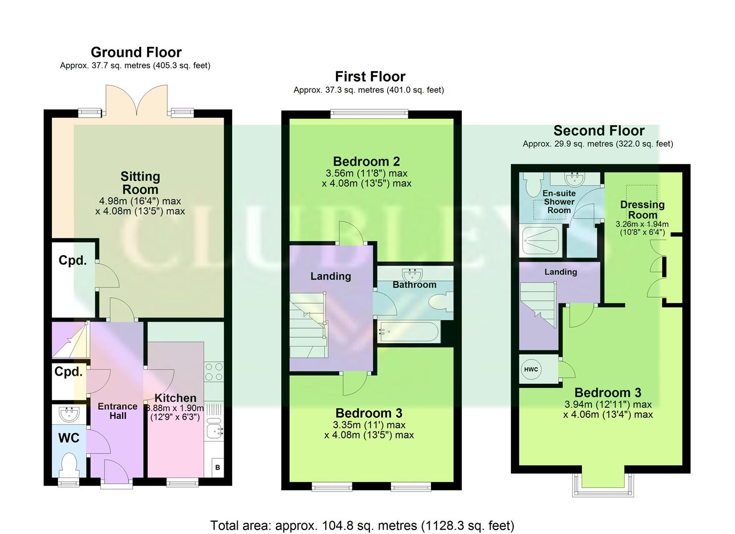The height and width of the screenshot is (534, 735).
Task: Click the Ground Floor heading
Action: pos(136,52)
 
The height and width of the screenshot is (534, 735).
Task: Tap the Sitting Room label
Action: pos(140,183)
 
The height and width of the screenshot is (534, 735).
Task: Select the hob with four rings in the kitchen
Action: pos(214,372)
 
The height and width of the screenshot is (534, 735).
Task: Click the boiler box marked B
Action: pos(217,467)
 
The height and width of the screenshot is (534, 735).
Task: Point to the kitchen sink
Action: pos(214,429)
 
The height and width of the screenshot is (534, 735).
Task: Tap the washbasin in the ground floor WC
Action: pos(68,413)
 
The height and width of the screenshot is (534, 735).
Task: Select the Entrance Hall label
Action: pos(117,411)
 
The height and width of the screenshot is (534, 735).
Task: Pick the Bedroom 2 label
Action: pos(366,161)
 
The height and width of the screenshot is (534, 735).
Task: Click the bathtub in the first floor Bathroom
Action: pos(409,332)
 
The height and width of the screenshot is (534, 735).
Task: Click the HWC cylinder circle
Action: pos(531,369)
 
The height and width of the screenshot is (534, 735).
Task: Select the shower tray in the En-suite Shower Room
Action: pos(539,241)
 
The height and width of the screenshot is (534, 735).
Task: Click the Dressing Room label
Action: pos(642,209)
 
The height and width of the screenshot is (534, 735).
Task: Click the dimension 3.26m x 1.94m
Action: pos(642,227)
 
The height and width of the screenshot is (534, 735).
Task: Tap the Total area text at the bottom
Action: pos(362,525)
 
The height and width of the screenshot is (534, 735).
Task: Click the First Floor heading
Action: pos(370,77)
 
